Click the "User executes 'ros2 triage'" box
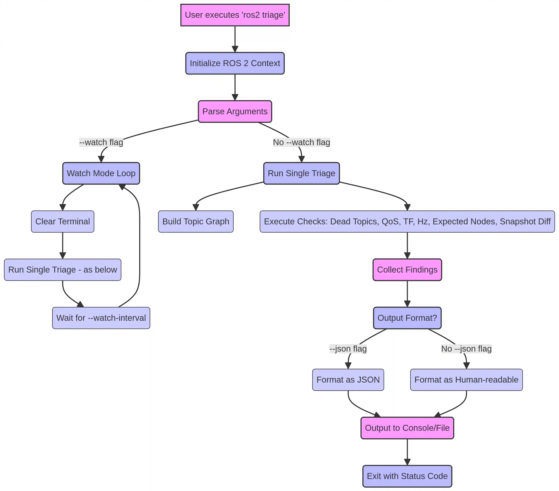[235, 15]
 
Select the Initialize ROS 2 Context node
[235, 63]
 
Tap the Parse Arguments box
[235, 111]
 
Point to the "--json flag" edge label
[348, 349]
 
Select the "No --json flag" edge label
[466, 349]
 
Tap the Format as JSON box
[348, 380]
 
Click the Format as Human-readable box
[466, 380]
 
